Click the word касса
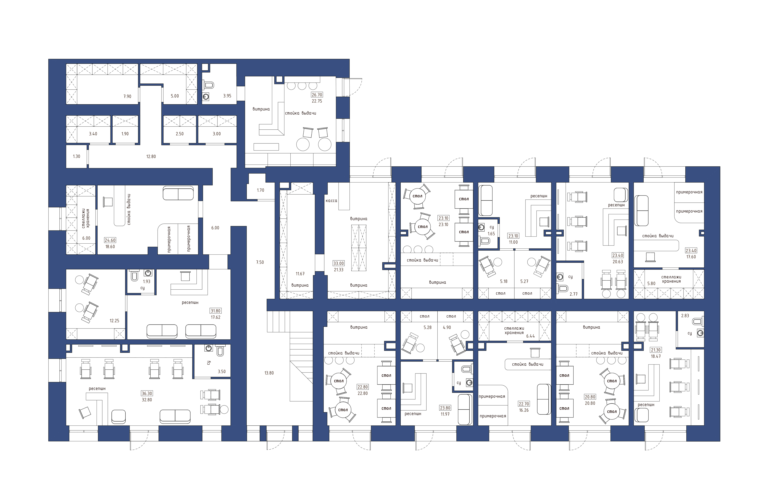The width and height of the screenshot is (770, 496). [331, 201]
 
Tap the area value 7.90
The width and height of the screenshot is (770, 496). [127, 96]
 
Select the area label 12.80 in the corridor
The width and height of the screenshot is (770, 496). [151, 156]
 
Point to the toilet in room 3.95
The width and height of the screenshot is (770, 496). [209, 85]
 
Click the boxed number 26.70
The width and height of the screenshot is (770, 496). [317, 95]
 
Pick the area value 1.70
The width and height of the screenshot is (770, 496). [260, 190]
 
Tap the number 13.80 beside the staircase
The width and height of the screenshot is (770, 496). [269, 373]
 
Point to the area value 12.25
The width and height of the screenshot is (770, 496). [114, 321]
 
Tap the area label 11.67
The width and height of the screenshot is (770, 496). [300, 274]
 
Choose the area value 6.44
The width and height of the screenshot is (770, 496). [531, 336]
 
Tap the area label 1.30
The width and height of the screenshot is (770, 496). [76, 156]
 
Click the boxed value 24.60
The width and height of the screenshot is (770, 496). [110, 240]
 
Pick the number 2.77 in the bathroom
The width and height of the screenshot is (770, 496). [574, 294]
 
